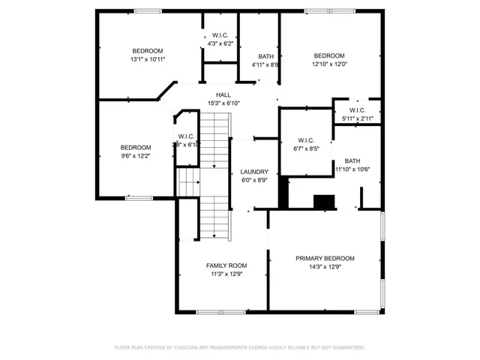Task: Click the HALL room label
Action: tap(223, 94)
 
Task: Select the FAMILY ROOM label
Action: tap(226, 265)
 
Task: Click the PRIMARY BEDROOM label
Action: tap(325, 258)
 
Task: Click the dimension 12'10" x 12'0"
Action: tap(329, 64)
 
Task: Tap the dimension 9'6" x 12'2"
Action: tap(136, 155)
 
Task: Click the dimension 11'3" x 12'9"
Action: tap(226, 274)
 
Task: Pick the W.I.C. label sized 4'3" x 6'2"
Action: tap(220, 35)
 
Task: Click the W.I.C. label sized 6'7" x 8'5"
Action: tap(306, 140)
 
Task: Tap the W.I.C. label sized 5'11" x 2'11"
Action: tap(357, 110)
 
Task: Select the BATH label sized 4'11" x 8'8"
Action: tap(265, 56)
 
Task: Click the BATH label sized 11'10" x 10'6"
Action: tap(352, 161)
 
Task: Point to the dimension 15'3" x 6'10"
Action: tap(223, 103)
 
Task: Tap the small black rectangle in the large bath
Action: tap(325, 202)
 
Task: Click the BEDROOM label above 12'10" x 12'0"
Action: tap(329, 55)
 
